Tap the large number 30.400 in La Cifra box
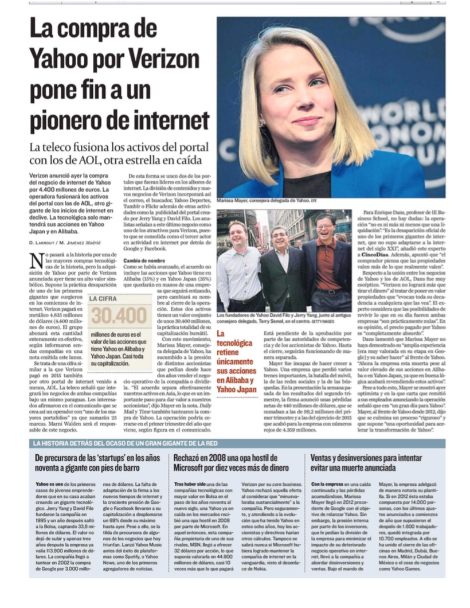click(x=119, y=315)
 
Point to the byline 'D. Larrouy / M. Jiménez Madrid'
click(x=64, y=243)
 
